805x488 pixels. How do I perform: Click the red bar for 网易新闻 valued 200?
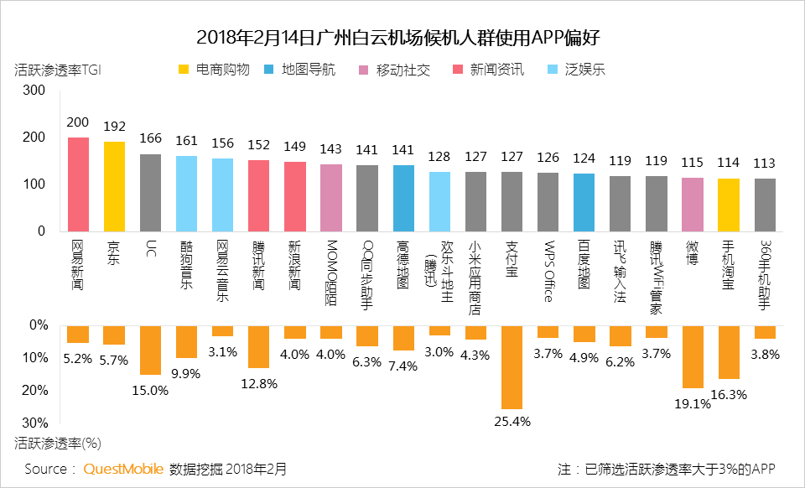point(78,184)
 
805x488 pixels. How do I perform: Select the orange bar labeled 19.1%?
point(693,356)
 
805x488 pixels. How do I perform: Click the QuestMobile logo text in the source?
point(123,469)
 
